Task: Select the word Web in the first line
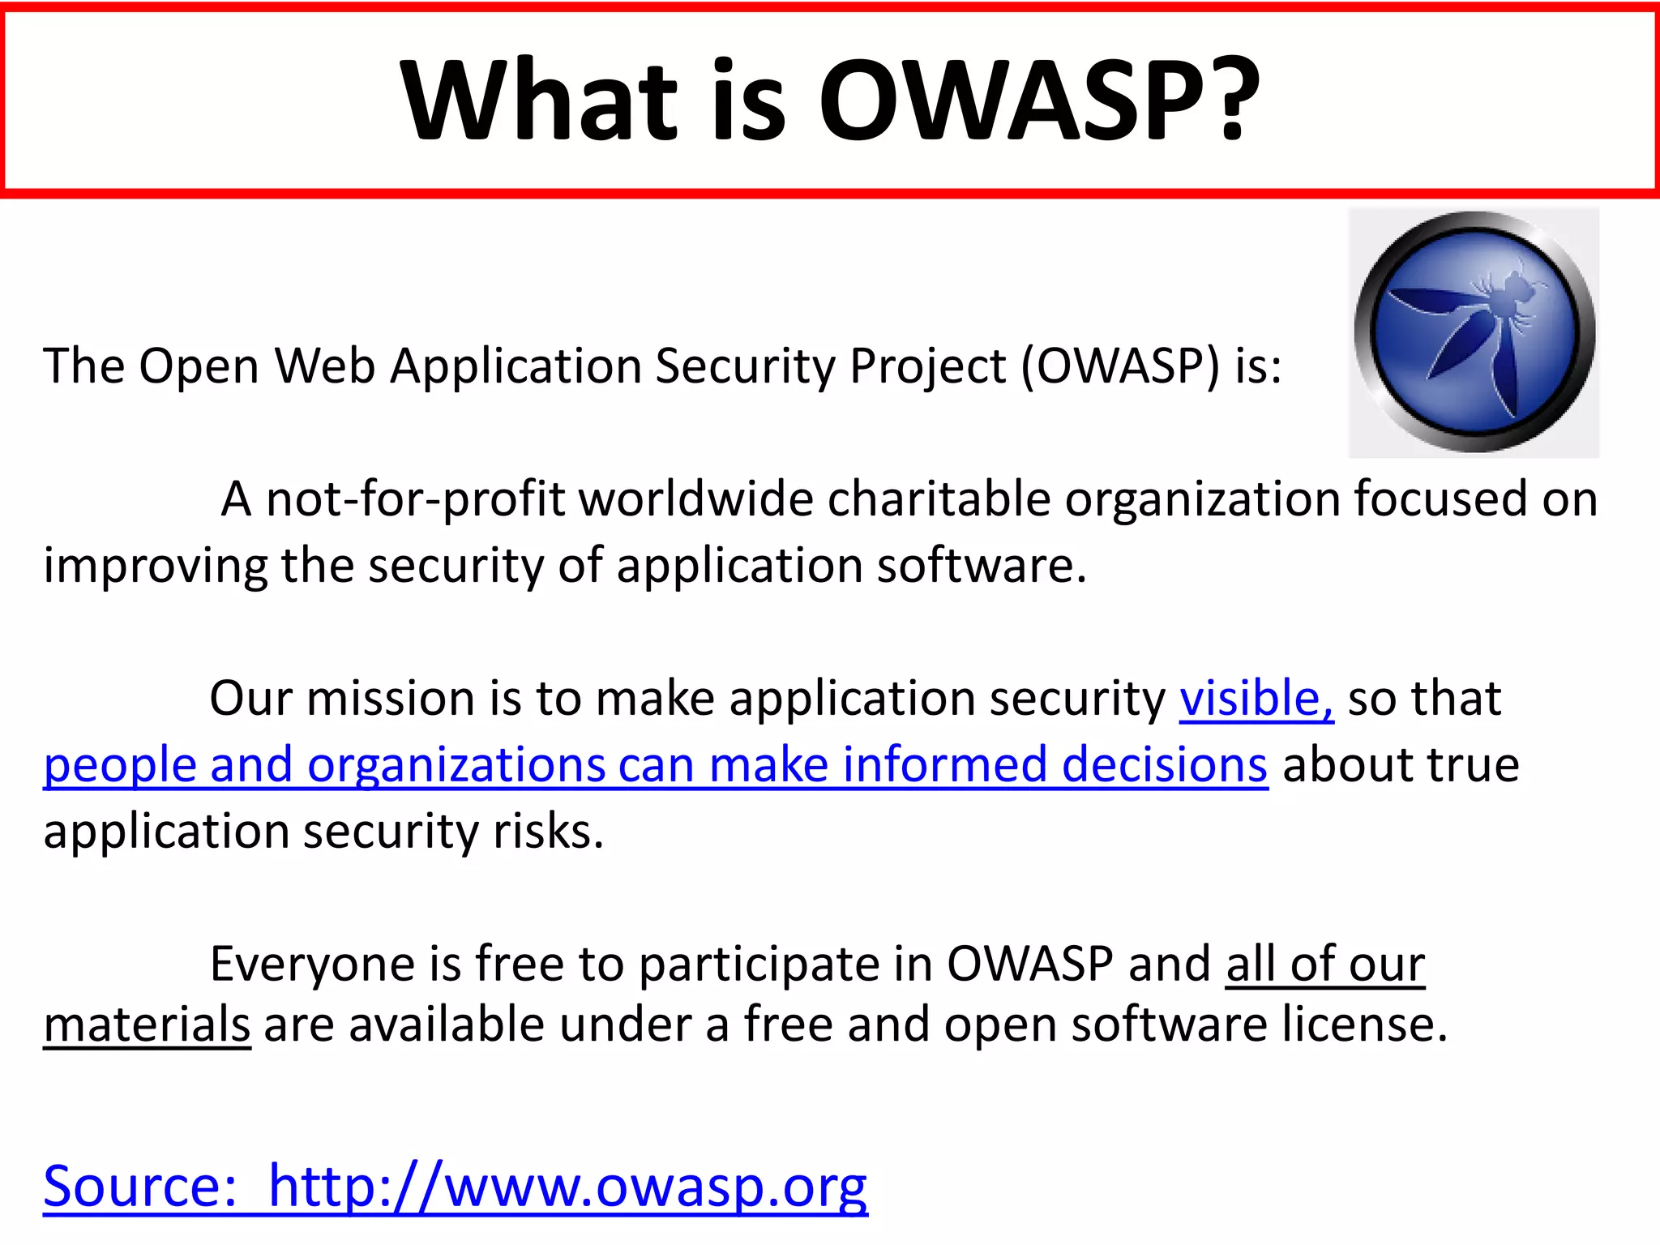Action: [324, 366]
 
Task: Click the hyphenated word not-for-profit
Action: [415, 498]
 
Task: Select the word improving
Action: [154, 566]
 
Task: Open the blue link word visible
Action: [1256, 698]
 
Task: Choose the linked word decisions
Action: [1164, 764]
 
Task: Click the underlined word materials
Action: [147, 1025]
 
